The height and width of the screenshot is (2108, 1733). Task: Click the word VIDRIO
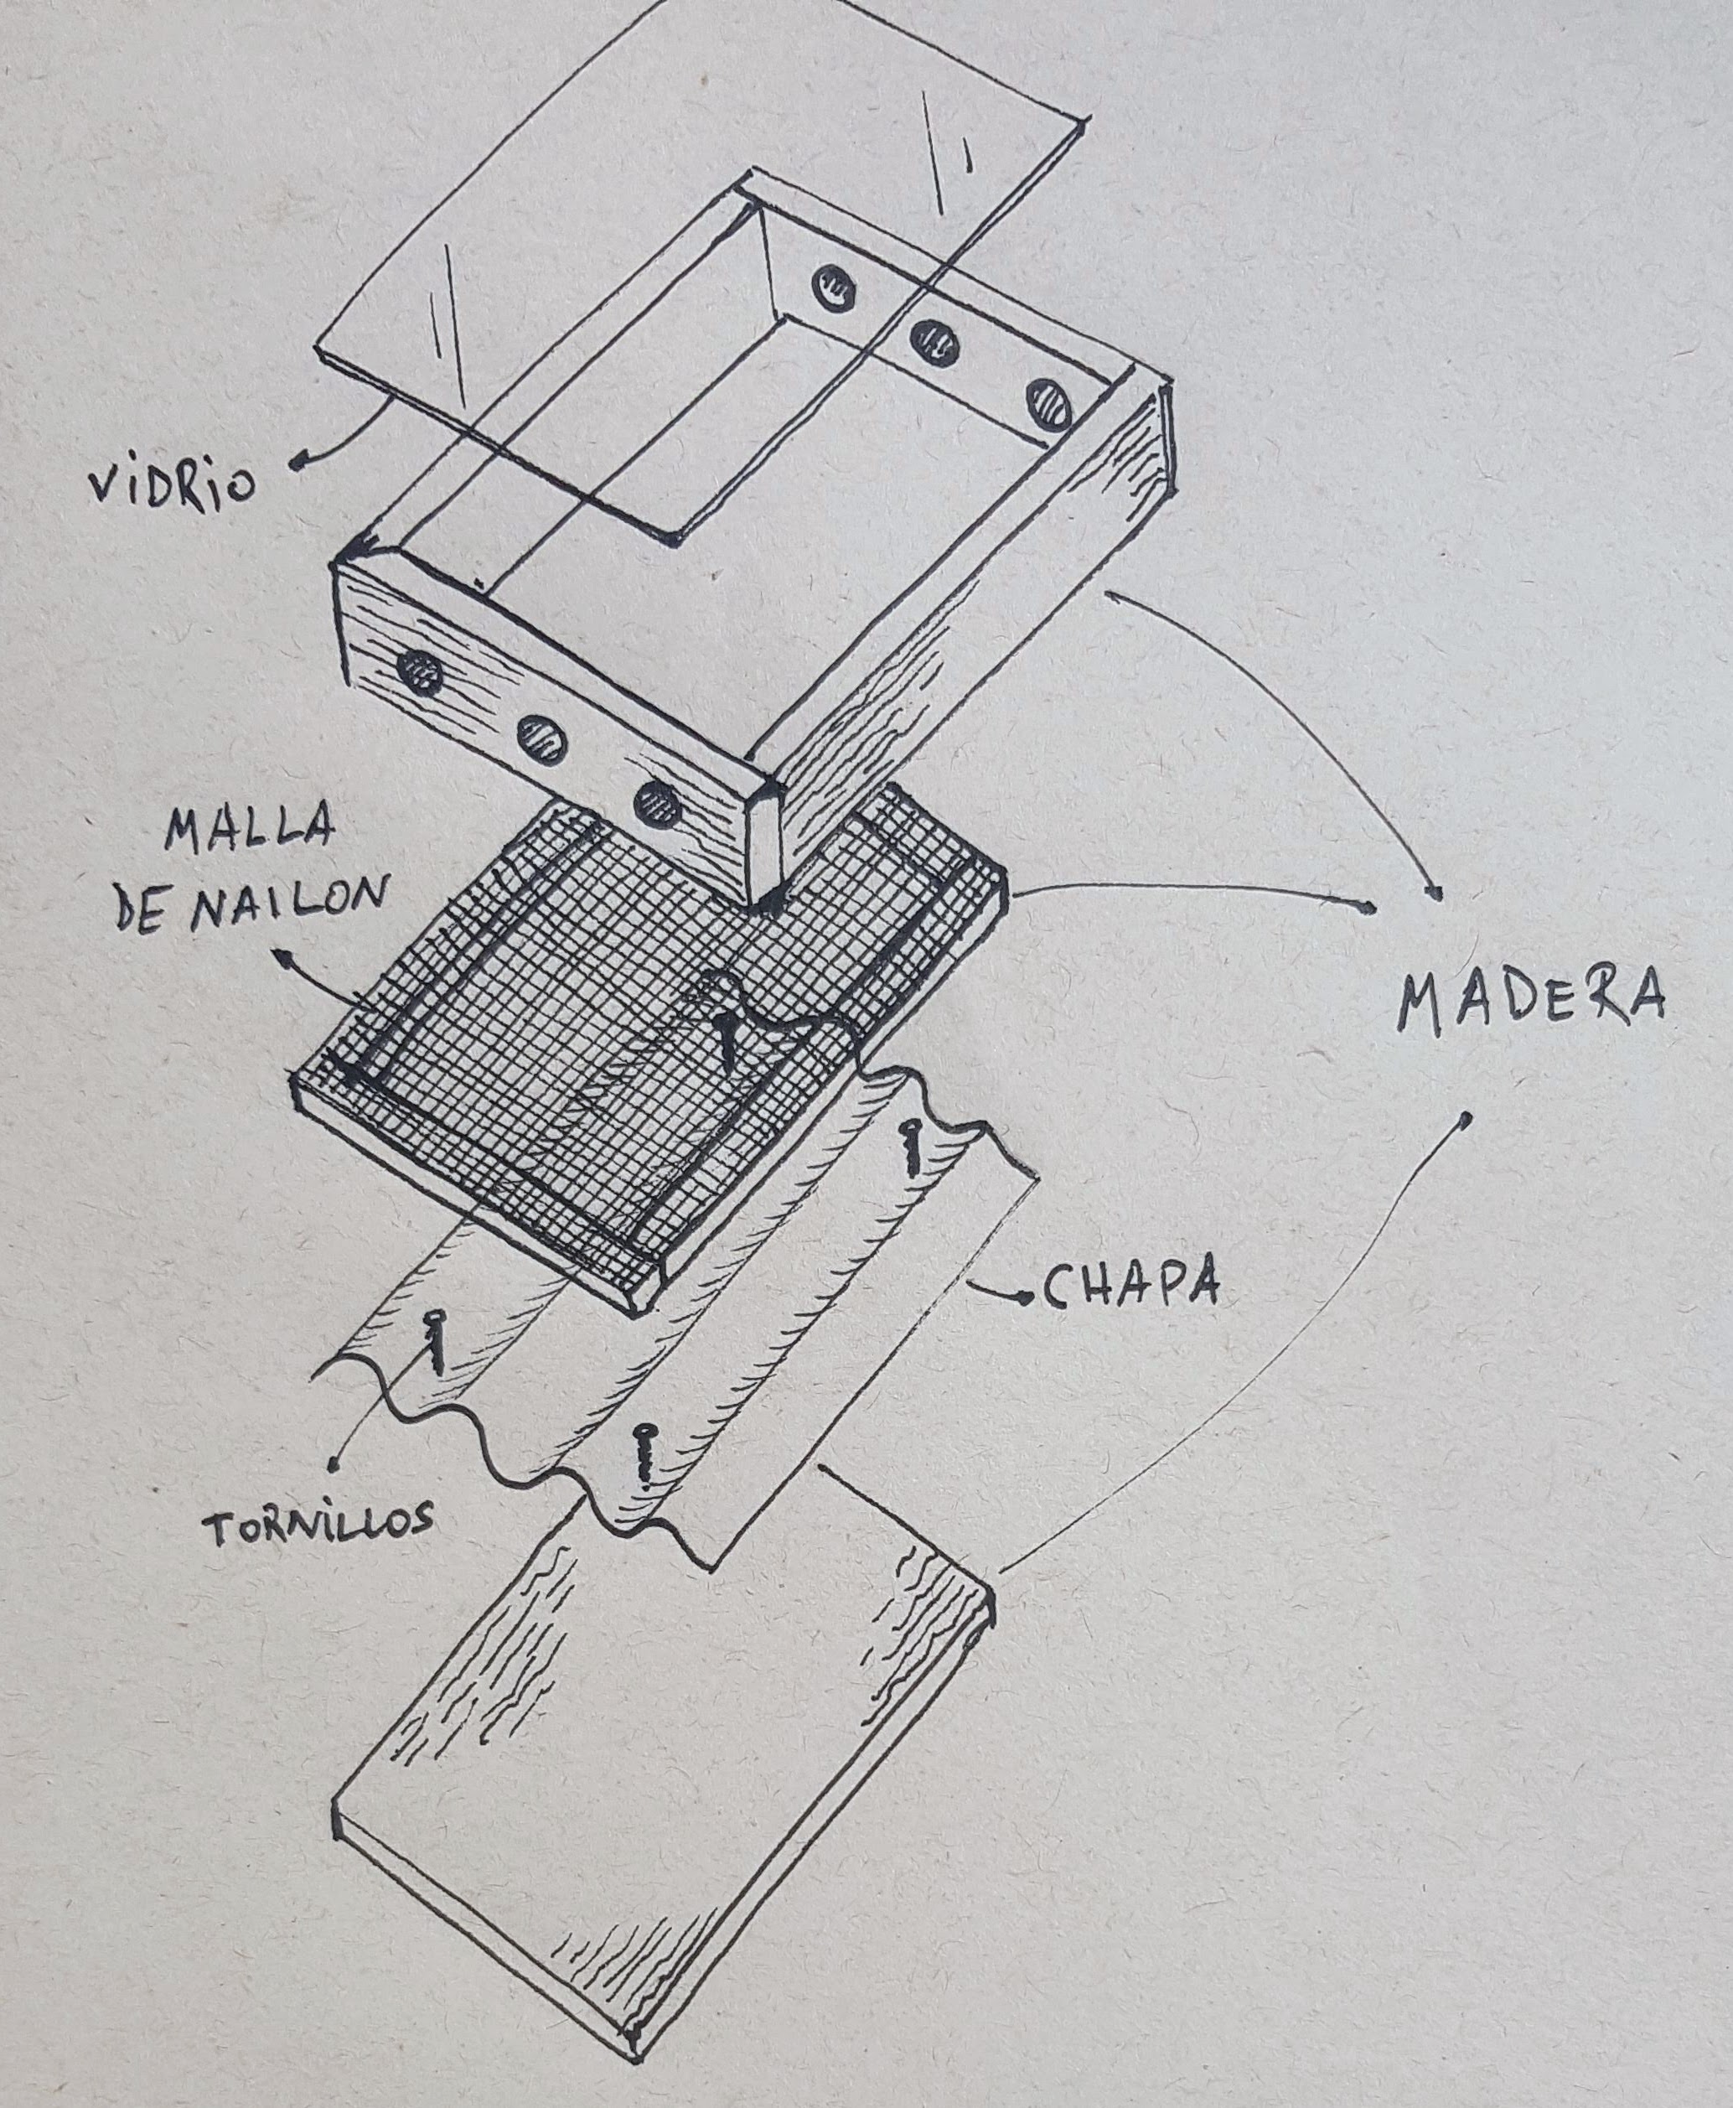tap(172, 484)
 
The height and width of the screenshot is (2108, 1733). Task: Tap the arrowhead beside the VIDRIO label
tap(297, 461)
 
